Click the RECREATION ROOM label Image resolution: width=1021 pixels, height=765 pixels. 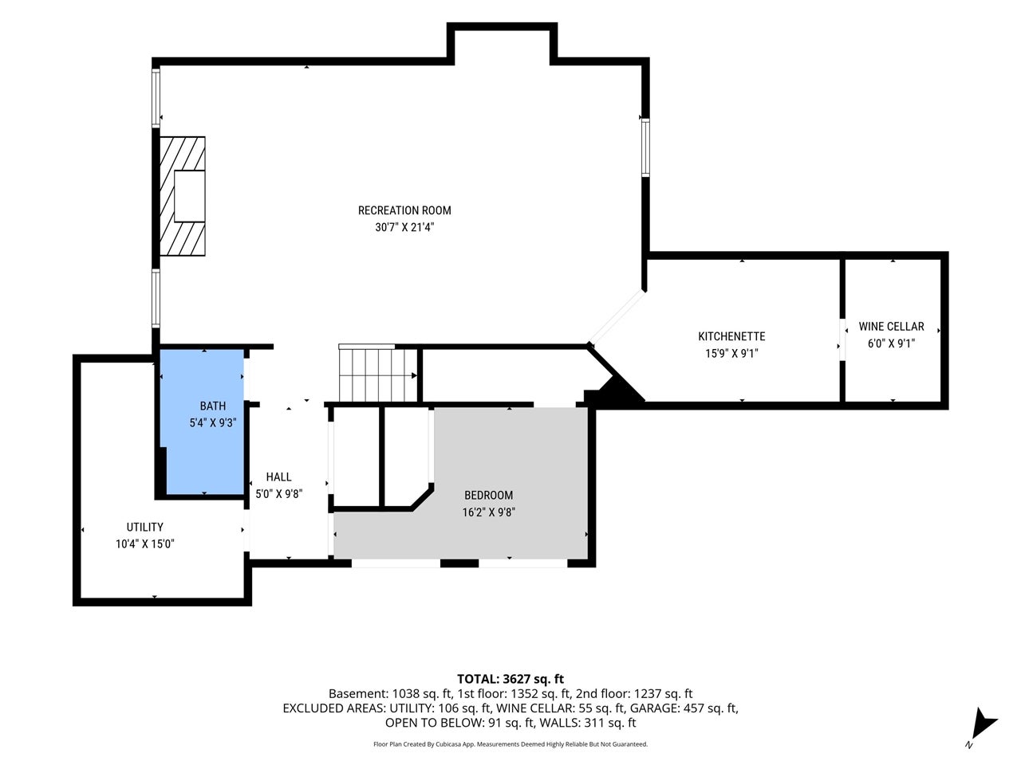(404, 210)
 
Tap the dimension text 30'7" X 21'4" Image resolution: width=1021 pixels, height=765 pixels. (404, 227)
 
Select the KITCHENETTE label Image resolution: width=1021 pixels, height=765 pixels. (731, 336)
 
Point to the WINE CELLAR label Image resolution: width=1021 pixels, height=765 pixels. (891, 327)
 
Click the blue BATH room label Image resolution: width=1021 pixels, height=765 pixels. (212, 406)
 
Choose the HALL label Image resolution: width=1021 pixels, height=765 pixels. (278, 477)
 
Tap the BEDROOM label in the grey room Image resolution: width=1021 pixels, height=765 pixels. (488, 495)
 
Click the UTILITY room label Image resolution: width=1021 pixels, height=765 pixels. (144, 528)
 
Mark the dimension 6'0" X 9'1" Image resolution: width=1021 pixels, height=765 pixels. (891, 343)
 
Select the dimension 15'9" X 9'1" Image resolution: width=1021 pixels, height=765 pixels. (731, 354)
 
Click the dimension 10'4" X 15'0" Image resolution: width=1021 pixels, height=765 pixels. (144, 544)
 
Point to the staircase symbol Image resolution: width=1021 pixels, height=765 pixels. (378, 373)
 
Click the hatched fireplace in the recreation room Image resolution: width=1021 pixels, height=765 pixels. (183, 196)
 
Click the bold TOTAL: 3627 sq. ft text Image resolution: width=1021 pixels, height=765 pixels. (510, 679)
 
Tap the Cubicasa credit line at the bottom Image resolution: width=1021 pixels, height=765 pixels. (510, 744)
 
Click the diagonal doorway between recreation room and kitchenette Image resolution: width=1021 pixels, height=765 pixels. (617, 317)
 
